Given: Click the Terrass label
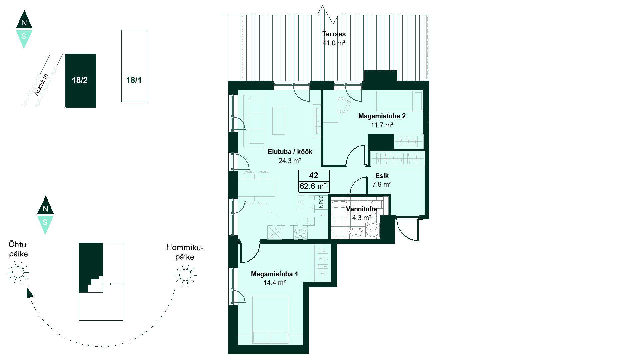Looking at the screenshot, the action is (334, 34).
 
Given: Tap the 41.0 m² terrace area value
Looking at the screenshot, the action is (334, 43).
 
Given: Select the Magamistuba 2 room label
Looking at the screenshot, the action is (382, 116).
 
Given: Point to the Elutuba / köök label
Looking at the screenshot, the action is (290, 152).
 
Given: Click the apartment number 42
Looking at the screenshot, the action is (314, 175).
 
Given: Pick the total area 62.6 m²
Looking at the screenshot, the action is (313, 186).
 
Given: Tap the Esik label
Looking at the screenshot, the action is (382, 176).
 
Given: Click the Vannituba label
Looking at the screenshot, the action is (361, 209).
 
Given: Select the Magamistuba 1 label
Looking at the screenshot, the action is (274, 274).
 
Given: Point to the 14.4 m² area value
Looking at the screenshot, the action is (275, 283).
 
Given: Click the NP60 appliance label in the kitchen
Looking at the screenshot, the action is (321, 202).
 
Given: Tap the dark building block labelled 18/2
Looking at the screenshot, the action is (81, 81).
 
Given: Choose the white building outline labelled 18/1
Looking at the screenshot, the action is (134, 66).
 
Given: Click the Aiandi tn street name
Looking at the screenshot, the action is (42, 84).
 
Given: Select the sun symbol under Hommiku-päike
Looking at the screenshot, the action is (185, 275).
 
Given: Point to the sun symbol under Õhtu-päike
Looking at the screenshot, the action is (18, 272).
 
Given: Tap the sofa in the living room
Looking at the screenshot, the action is (254, 121).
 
